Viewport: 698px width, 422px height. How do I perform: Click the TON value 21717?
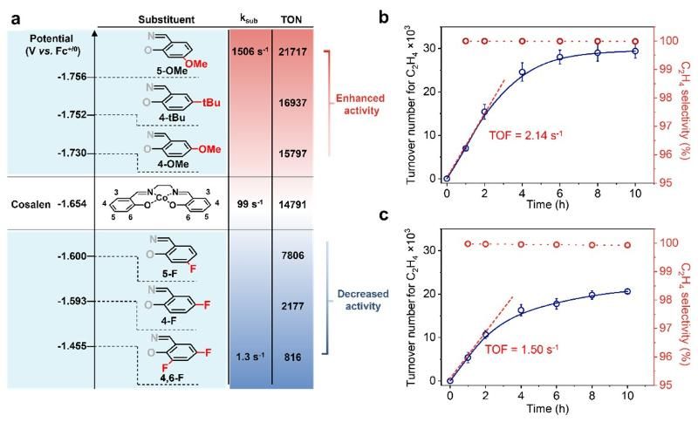pyautogui.click(x=292, y=55)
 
